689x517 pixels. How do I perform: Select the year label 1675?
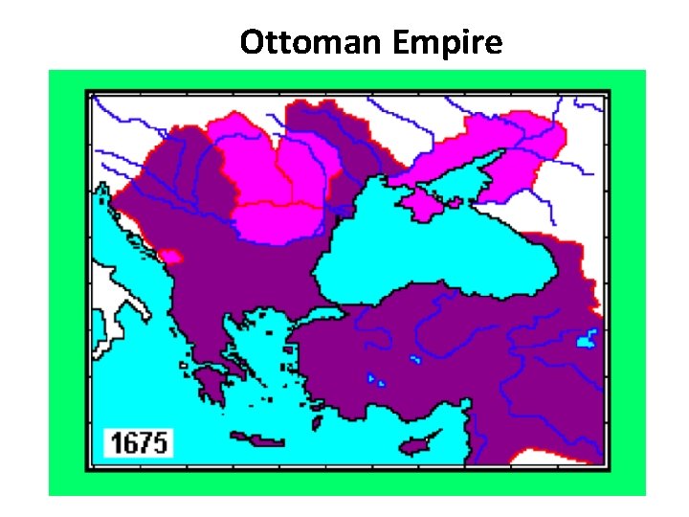(139, 443)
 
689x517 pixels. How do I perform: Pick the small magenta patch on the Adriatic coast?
(172, 257)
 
